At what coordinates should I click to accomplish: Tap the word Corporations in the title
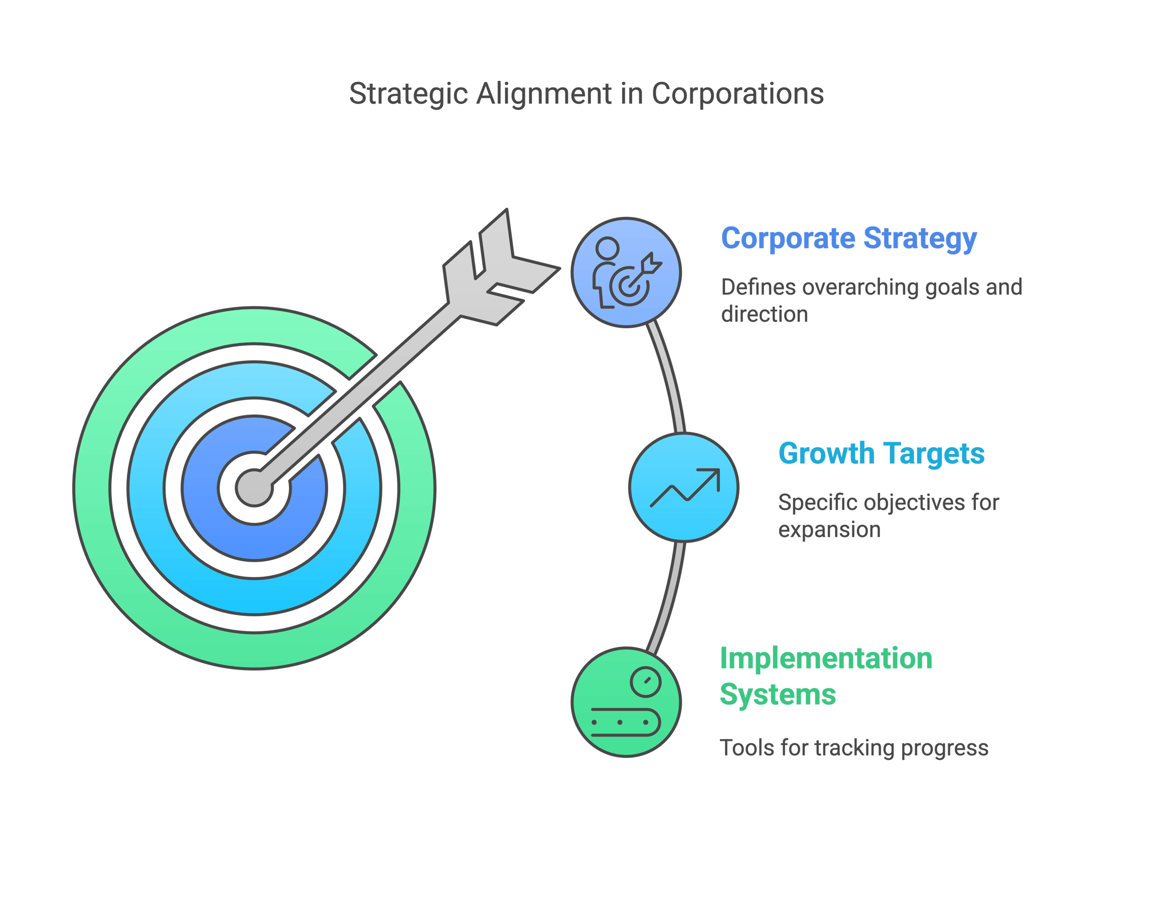pos(738,94)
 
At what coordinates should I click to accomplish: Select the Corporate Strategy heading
pos(849,238)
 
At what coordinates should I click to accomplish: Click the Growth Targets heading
pos(881,454)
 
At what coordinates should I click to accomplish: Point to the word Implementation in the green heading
pos(826,659)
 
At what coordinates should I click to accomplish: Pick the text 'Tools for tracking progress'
pos(854,748)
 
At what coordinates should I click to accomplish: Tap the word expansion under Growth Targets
pos(829,530)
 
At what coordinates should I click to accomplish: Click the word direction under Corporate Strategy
pos(765,315)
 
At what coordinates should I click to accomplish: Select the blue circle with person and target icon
pos(626,273)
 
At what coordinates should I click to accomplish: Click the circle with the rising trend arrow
pos(684,487)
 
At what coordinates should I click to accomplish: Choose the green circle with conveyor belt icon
pos(626,702)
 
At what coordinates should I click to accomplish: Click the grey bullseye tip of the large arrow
pos(254,488)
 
